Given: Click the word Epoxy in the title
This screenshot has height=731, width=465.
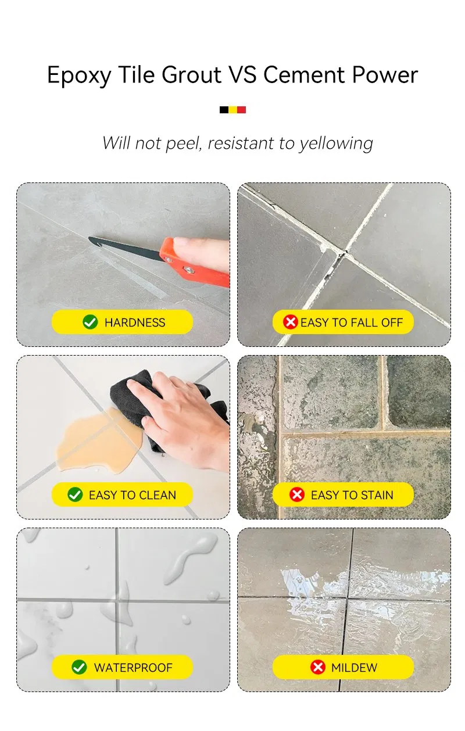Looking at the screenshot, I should click(x=78, y=76).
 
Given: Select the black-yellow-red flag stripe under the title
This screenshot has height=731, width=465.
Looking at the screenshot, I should click(x=233, y=109).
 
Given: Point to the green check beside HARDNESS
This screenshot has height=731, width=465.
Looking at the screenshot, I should click(x=90, y=322).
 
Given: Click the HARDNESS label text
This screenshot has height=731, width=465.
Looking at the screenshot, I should click(x=135, y=322).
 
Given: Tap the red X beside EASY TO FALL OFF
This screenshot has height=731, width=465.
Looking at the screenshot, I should click(x=290, y=322).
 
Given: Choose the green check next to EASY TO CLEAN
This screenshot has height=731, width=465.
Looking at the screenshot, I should click(x=75, y=494).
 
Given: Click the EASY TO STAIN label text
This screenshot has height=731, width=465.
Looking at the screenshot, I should click(x=352, y=495).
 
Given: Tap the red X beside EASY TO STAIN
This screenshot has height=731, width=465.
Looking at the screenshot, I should click(x=297, y=494).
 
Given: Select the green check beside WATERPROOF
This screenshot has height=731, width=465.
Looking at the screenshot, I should click(x=79, y=667).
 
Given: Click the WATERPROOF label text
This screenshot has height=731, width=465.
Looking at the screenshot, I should click(x=133, y=668).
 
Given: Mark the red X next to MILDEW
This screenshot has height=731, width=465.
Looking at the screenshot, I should click(x=317, y=667).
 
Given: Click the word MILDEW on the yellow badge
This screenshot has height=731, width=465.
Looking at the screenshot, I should click(x=354, y=668).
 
